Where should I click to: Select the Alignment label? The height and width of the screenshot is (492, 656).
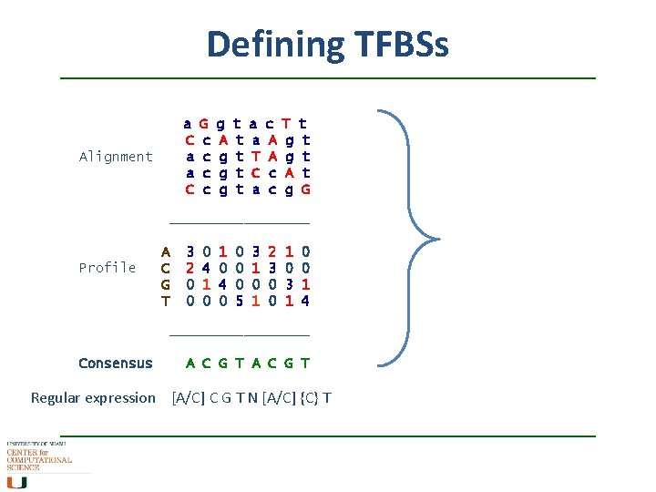click(x=116, y=157)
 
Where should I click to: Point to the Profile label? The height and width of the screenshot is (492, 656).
click(x=108, y=267)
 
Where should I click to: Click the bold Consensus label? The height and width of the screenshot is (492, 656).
click(x=116, y=363)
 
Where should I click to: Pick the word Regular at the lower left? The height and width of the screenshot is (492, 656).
click(x=56, y=397)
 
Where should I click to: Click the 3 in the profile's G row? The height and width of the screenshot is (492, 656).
click(x=288, y=283)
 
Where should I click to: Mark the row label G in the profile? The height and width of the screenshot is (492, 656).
click(x=165, y=283)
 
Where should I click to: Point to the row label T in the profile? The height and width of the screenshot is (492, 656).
click(x=165, y=300)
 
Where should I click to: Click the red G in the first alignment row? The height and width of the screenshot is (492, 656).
click(x=204, y=123)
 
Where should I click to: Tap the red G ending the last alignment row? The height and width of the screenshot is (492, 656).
click(x=305, y=189)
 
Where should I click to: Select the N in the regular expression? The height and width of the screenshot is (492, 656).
click(x=252, y=397)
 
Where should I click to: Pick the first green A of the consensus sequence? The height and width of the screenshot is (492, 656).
click(x=190, y=363)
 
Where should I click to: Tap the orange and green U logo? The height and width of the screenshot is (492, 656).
click(x=18, y=481)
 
